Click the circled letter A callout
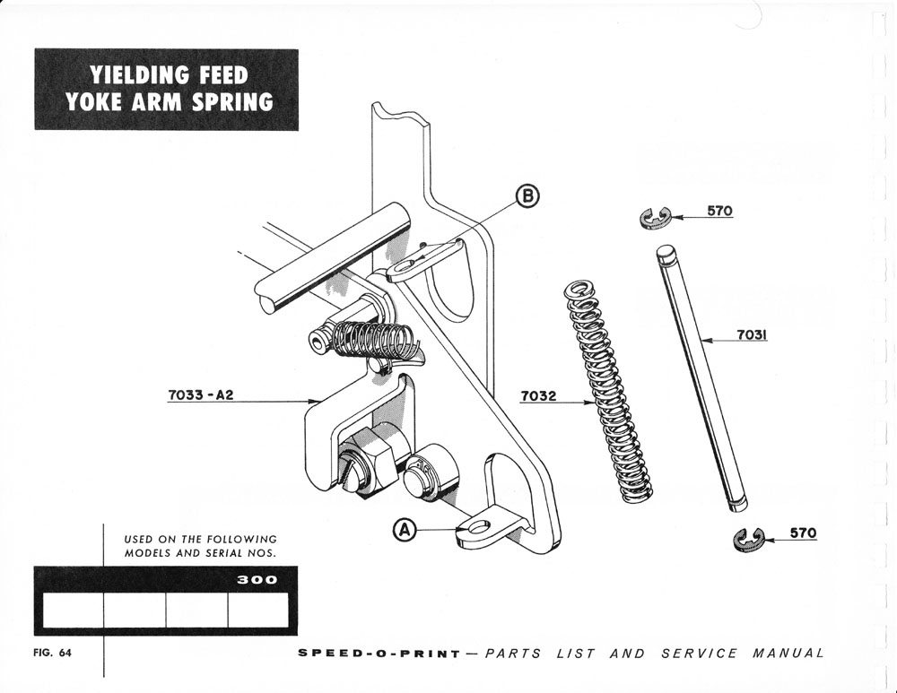(406, 531)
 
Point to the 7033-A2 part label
(200, 394)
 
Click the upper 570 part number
(719, 212)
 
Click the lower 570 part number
(803, 533)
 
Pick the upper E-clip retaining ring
(656, 217)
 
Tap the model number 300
(257, 580)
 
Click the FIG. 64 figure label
(52, 653)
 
